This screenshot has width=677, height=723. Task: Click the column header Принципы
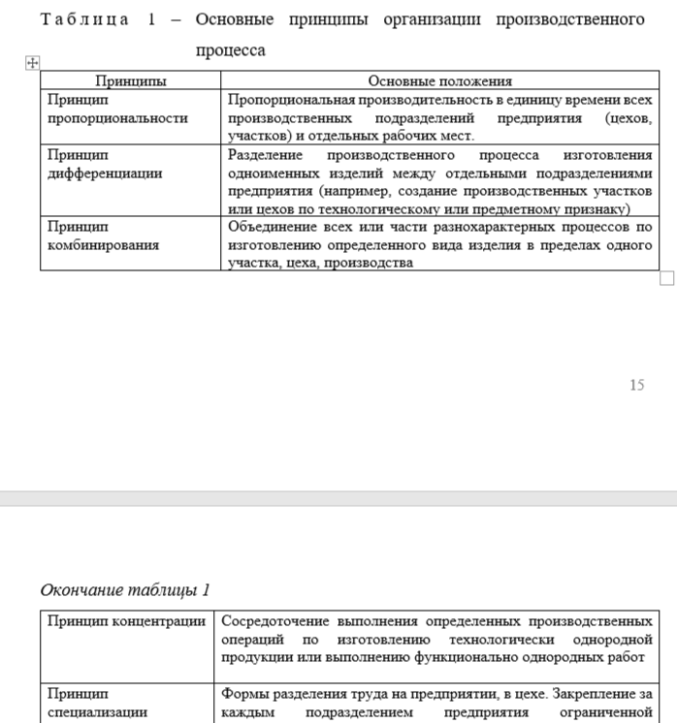pyautogui.click(x=131, y=81)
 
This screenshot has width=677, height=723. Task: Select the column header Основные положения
pyautogui.click(x=439, y=81)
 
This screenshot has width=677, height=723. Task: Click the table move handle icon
pyautogui.click(x=32, y=62)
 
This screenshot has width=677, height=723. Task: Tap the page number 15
pyautogui.click(x=636, y=385)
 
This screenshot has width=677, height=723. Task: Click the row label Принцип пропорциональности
pyautogui.click(x=116, y=109)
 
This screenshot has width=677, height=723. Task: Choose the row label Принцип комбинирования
pyautogui.click(x=103, y=236)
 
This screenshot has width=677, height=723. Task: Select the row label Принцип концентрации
pyautogui.click(x=127, y=620)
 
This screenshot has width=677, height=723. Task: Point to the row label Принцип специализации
pyautogui.click(x=97, y=703)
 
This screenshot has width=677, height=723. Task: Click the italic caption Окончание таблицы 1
pyautogui.click(x=125, y=590)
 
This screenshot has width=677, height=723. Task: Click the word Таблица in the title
pyautogui.click(x=84, y=20)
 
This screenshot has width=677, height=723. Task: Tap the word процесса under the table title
pyautogui.click(x=230, y=50)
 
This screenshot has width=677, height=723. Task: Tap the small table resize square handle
pyautogui.click(x=666, y=278)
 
